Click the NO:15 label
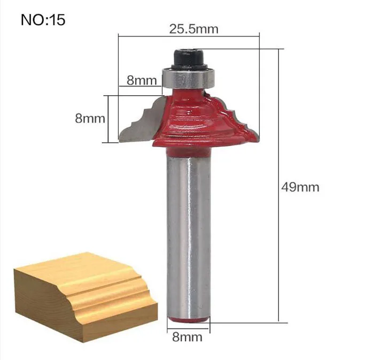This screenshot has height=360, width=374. point(43,20)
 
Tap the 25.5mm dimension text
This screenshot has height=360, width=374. point(193,29)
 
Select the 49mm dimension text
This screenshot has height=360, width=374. point(300,187)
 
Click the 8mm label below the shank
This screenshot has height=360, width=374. point(187,337)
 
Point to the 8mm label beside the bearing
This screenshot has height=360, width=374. point(142,80)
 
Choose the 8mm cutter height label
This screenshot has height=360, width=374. point(90,118)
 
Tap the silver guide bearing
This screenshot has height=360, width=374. point(189,78)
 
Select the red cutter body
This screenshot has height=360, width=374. point(202,119)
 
